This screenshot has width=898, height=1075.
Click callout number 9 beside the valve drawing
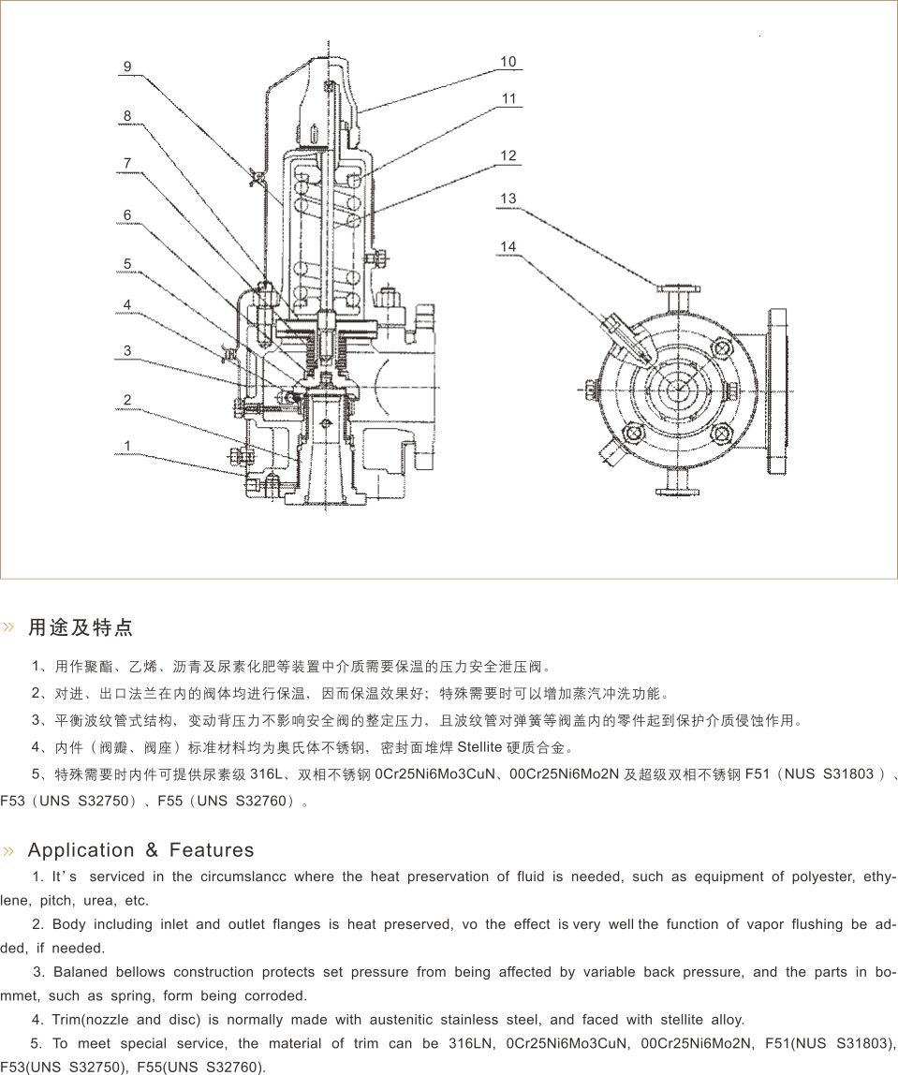point(127,66)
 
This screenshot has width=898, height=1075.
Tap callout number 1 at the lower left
point(127,446)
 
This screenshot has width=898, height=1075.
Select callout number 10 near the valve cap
point(508,62)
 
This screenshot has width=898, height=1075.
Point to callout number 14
point(508,246)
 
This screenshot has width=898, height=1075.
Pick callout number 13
point(508,199)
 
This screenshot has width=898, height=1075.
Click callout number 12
point(508,155)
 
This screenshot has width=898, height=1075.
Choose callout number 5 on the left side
point(127,264)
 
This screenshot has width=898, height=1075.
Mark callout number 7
point(127,163)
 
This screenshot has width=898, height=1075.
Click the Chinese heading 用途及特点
point(81,627)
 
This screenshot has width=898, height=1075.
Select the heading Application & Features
point(140,850)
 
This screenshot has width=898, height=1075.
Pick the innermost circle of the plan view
point(680,390)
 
